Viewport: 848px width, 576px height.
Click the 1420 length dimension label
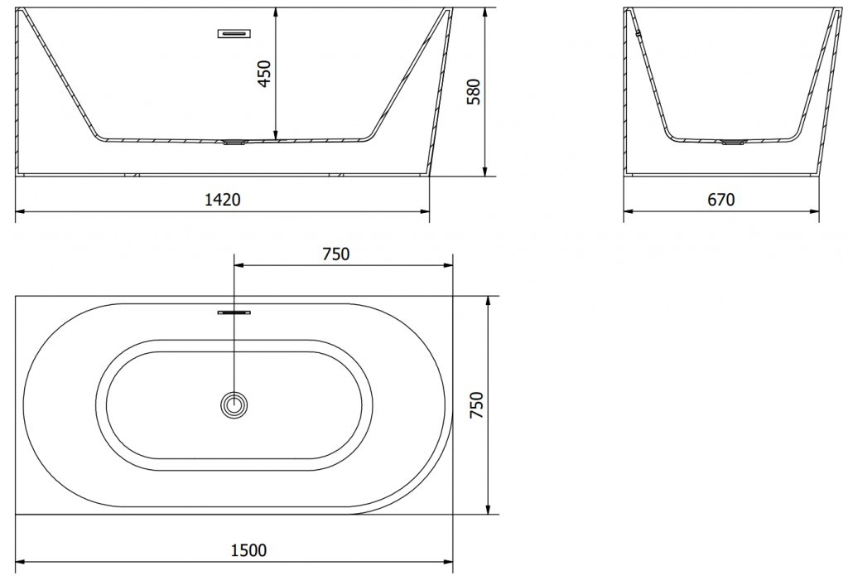click(x=222, y=200)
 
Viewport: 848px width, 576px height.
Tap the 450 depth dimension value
click(x=264, y=74)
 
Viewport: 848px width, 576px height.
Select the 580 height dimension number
click(x=473, y=92)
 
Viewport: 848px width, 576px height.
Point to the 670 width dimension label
click(x=721, y=200)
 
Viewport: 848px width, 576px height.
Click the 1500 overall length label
click(x=248, y=550)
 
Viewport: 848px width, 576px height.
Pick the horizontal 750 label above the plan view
click(x=336, y=254)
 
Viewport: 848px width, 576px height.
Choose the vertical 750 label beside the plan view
click(x=476, y=405)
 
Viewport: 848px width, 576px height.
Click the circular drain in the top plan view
click(x=234, y=405)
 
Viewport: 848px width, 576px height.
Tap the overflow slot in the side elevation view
click(x=234, y=33)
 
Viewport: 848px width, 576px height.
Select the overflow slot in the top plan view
click(x=234, y=312)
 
